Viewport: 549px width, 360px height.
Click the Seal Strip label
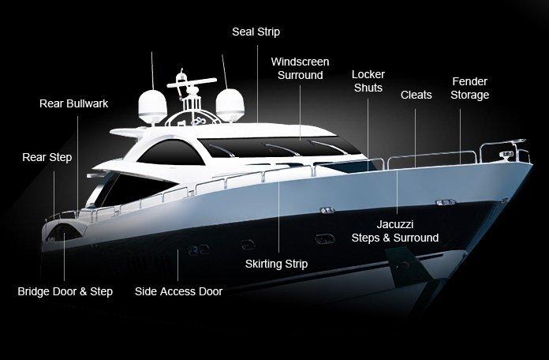[256, 32]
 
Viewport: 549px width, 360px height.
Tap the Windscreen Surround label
[300, 69]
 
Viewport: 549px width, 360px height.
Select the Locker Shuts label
[368, 81]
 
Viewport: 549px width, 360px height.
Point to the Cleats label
[416, 95]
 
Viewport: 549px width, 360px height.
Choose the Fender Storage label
[469, 88]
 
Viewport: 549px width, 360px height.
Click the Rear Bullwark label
[73, 103]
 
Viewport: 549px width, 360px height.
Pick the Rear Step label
[47, 157]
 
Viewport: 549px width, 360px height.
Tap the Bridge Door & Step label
[65, 291]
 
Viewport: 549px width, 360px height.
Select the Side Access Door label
[178, 291]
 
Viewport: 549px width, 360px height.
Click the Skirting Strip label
[276, 264]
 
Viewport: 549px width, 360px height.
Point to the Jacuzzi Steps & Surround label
[395, 231]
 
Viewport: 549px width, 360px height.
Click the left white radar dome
[153, 107]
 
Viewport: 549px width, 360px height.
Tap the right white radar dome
[230, 105]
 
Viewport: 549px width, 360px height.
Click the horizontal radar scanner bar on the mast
[192, 83]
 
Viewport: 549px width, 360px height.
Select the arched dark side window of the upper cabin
[170, 152]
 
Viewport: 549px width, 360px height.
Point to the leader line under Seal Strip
[257, 84]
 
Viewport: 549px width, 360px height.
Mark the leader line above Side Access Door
[177, 265]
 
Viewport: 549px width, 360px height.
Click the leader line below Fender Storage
[460, 137]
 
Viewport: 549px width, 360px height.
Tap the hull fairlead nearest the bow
[445, 202]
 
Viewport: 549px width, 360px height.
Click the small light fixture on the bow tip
[506, 155]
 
